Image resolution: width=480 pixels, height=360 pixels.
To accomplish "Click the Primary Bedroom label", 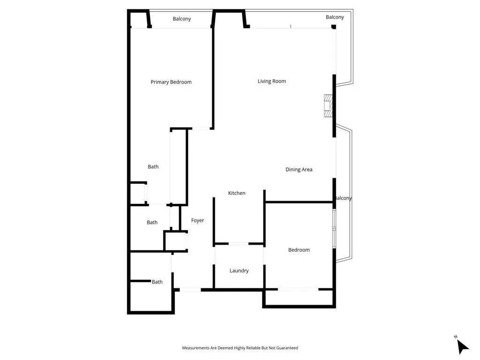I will click(171, 82).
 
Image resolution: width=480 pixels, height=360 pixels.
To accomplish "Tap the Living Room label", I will click(271, 81).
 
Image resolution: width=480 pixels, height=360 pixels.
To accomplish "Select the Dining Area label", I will click(299, 170).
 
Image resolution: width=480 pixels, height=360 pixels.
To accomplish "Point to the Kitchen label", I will click(237, 193).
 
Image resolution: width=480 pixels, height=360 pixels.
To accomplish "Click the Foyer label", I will click(197, 220).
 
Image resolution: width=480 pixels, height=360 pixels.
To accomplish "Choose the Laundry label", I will click(239, 270).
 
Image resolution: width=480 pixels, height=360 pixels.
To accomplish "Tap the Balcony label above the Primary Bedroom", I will click(182, 19).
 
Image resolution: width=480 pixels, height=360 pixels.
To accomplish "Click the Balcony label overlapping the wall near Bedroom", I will click(343, 198).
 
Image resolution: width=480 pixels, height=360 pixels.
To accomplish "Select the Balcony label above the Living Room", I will click(335, 17).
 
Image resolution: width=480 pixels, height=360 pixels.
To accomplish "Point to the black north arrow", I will click(462, 347).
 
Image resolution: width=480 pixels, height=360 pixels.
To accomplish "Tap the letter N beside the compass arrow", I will click(456, 337).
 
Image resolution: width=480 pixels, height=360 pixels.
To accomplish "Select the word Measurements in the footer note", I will click(196, 348).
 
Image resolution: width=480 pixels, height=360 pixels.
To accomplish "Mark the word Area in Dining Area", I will click(307, 170).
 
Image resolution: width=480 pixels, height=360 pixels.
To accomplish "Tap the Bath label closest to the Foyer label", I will click(152, 223).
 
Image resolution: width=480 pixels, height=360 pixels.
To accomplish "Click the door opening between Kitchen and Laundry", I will click(238, 244).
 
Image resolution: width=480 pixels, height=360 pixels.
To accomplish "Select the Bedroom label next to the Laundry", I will click(299, 250).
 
